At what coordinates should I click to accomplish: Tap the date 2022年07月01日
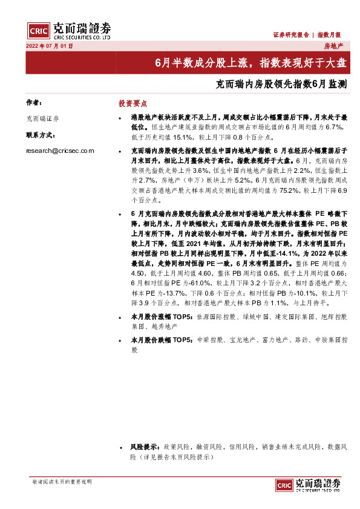point(50,46)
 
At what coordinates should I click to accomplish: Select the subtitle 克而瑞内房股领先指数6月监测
point(281,85)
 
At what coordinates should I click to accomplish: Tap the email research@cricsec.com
point(60,151)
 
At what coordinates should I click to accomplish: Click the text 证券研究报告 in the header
point(291,35)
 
